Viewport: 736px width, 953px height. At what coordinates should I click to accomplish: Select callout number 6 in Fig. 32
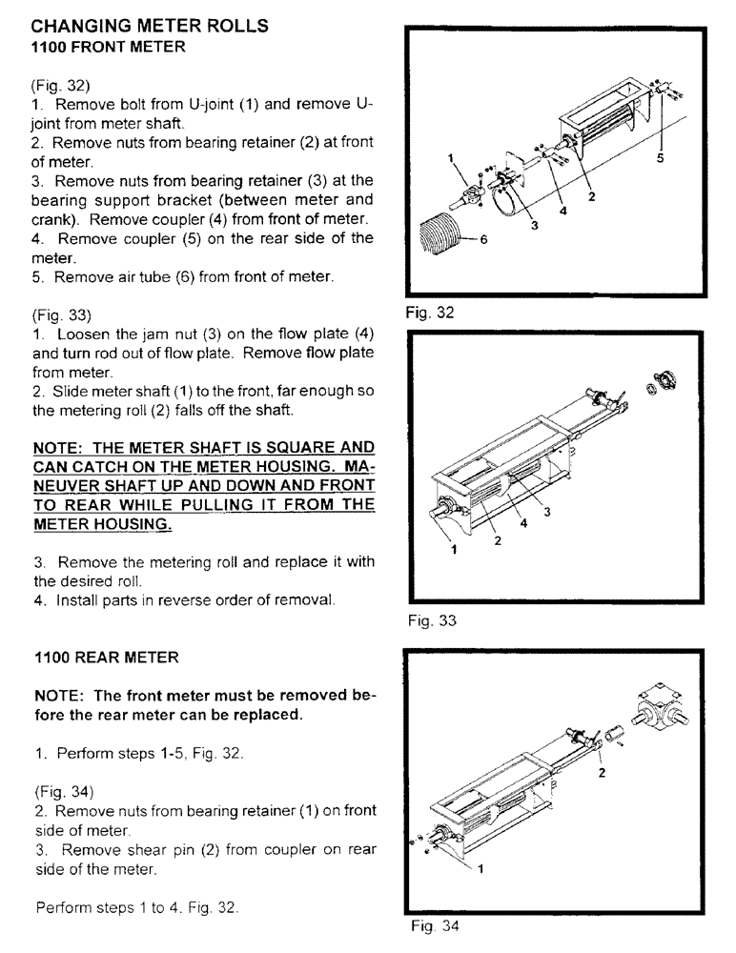click(x=483, y=240)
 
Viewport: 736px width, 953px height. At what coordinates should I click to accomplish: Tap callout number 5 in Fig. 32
click(x=659, y=160)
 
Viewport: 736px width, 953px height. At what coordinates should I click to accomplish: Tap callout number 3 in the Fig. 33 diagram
click(x=547, y=512)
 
